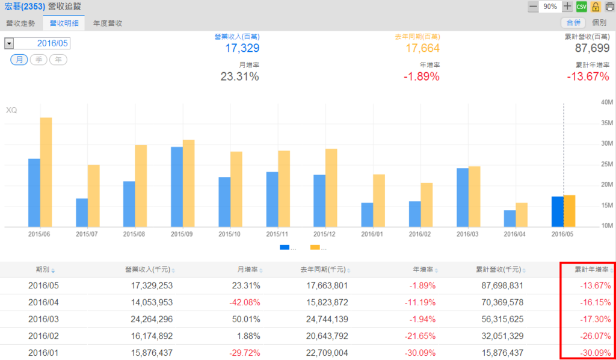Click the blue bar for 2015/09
tap(177, 187)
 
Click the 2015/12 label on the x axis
tap(325, 234)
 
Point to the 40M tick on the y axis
tap(606, 102)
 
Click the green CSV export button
tap(581, 7)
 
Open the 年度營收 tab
tap(108, 23)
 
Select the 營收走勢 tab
tap(20, 23)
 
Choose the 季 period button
tap(38, 60)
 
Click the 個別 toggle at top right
tap(599, 22)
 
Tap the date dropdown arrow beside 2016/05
tap(9, 43)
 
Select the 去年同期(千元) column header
tap(322, 269)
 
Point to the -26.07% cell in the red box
tap(595, 335)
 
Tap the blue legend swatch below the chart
tap(285, 247)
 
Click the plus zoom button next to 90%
tap(567, 7)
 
